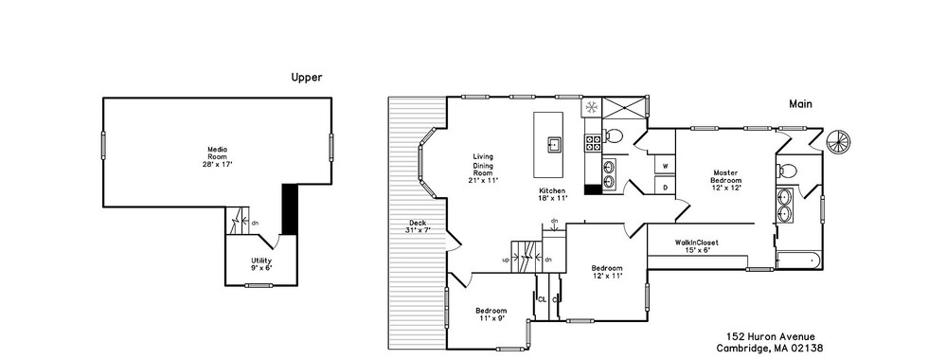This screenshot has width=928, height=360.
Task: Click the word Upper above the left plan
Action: click(307, 77)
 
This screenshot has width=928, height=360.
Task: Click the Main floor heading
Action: click(801, 103)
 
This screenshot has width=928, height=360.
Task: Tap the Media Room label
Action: click(217, 156)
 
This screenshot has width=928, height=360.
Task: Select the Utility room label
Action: click(261, 264)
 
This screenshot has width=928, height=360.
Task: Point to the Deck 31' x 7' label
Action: click(418, 226)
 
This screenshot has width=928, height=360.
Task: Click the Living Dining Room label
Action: click(483, 169)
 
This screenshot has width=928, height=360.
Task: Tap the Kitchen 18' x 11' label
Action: click(553, 194)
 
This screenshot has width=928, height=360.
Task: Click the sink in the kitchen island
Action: click(555, 145)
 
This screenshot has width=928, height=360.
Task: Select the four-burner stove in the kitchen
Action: click(593, 142)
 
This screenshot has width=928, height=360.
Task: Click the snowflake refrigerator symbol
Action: click(591, 107)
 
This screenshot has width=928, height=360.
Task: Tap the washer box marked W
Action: click(665, 167)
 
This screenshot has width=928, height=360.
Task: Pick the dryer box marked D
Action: click(665, 188)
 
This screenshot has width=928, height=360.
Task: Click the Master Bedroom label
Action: click(726, 180)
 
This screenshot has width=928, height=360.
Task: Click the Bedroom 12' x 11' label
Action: click(607, 271)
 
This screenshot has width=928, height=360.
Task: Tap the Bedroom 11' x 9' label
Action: click(491, 314)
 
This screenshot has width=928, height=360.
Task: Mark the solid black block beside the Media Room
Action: click(289, 208)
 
